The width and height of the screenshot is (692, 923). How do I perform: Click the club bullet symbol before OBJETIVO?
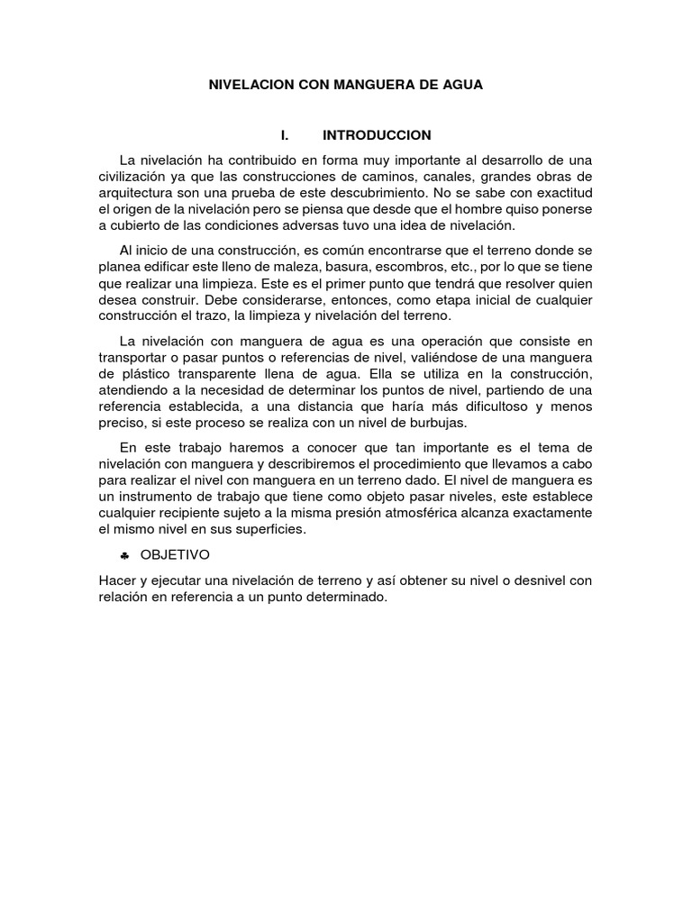click(x=124, y=556)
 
